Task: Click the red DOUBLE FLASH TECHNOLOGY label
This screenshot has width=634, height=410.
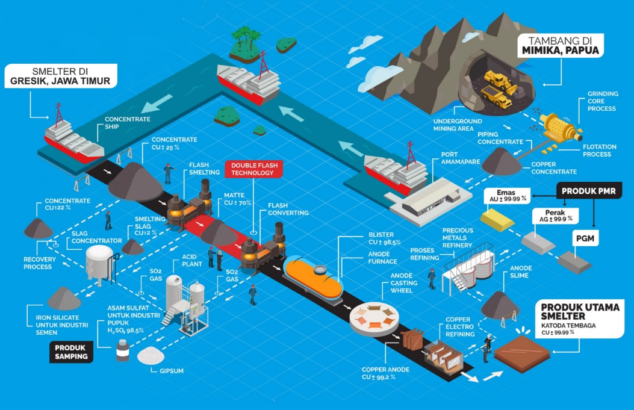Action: point(253,169)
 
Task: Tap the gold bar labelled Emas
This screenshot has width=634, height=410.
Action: point(497,220)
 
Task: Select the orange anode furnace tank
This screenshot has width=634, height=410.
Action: point(313,276)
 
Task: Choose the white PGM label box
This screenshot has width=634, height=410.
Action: point(585,239)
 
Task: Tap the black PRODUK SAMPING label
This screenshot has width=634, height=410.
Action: point(71,352)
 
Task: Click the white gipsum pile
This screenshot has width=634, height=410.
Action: point(151,356)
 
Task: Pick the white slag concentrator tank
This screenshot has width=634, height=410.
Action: point(99,264)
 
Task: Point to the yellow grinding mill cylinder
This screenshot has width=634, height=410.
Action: point(557,126)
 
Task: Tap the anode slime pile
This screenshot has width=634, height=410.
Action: point(500,303)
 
